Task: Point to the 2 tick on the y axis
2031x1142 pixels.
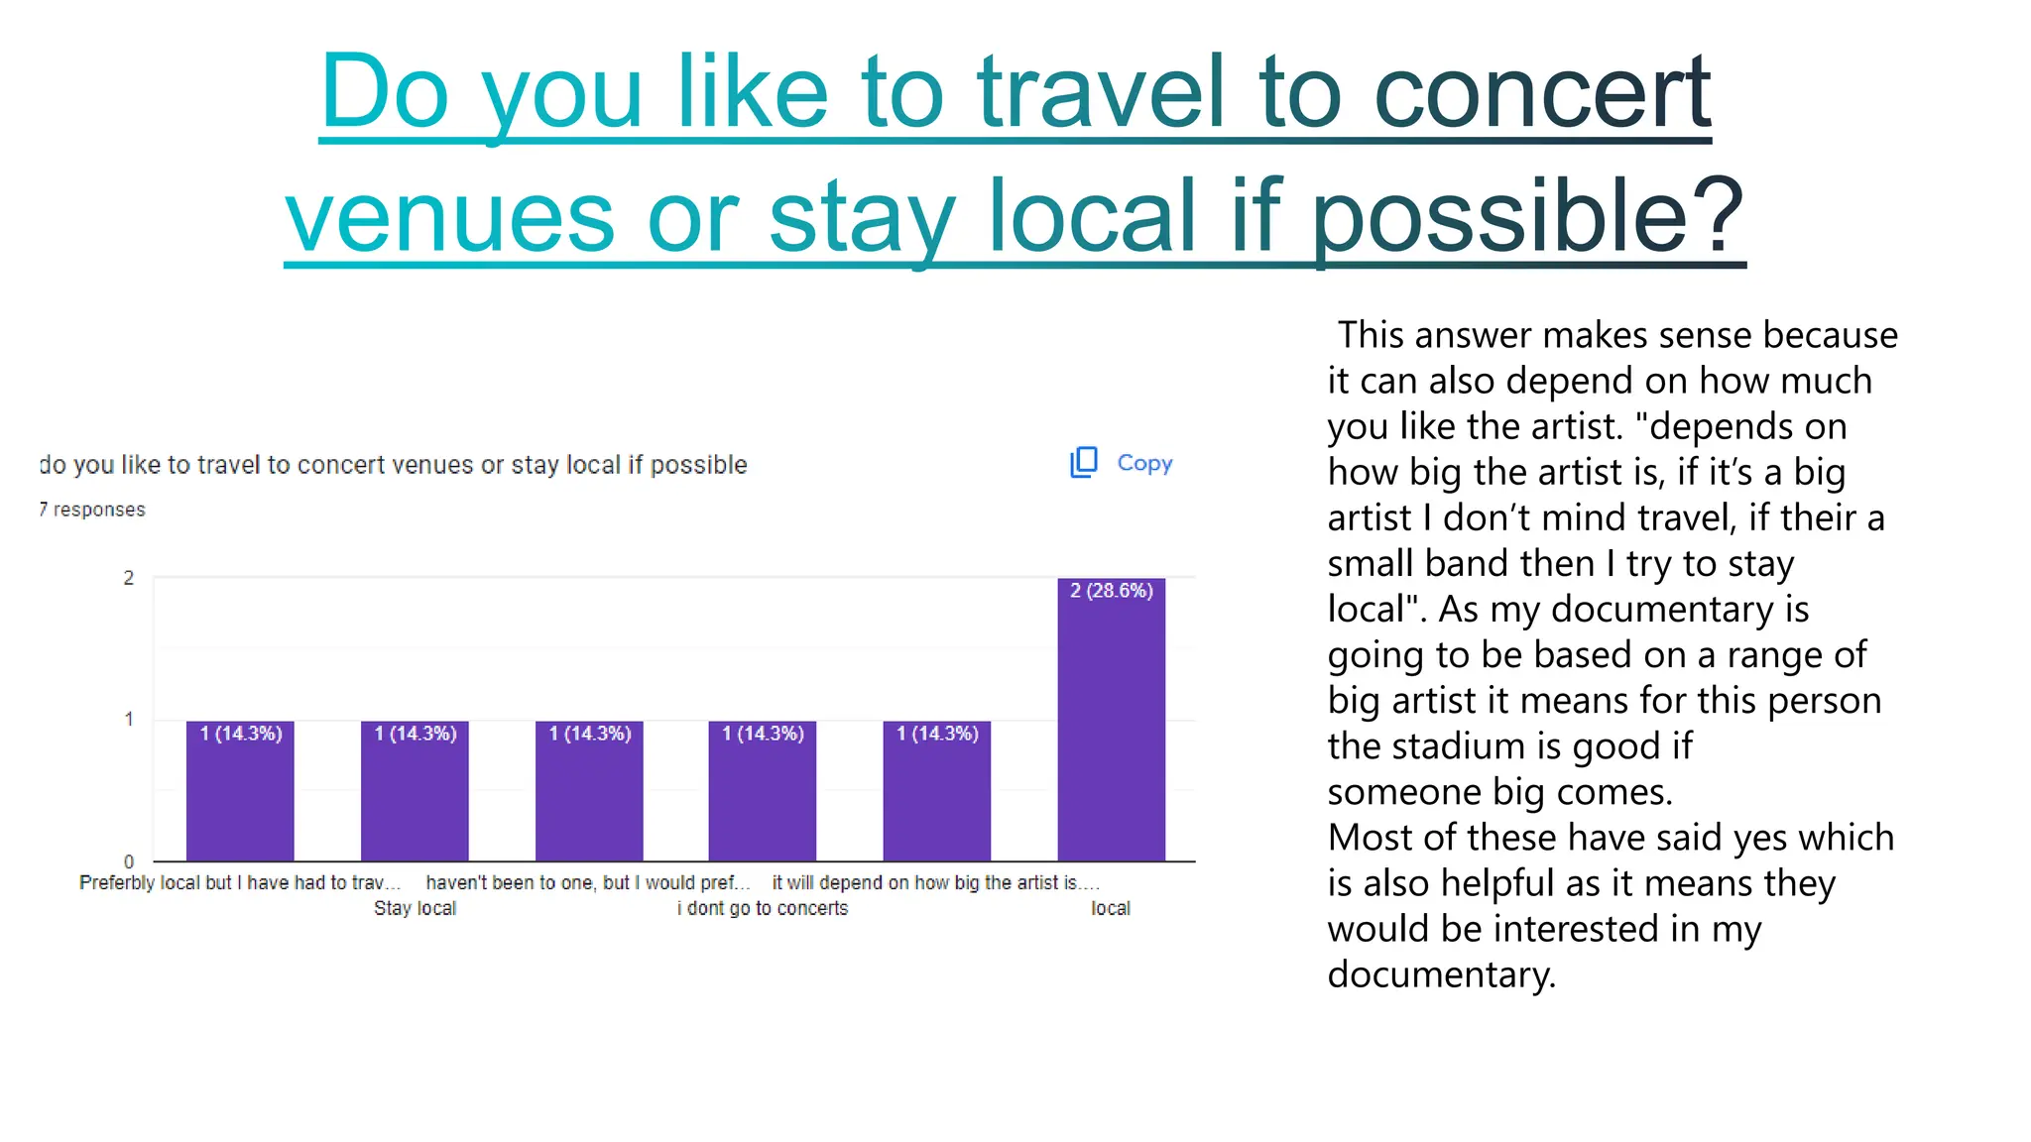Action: [128, 578]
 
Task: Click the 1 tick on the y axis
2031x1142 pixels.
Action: [128, 719]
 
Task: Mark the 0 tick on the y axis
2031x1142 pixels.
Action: [128, 861]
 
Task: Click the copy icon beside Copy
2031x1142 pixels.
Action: [1084, 462]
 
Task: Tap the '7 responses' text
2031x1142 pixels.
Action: [92, 510]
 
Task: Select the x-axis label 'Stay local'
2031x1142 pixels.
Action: [415, 908]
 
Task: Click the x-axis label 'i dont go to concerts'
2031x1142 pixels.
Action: [763, 908]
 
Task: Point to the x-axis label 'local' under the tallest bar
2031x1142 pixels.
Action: [1111, 908]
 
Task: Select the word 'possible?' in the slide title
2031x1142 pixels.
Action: [1527, 215]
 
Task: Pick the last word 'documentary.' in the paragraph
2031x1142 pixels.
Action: [1441, 974]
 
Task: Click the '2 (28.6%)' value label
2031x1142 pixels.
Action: [1111, 591]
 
